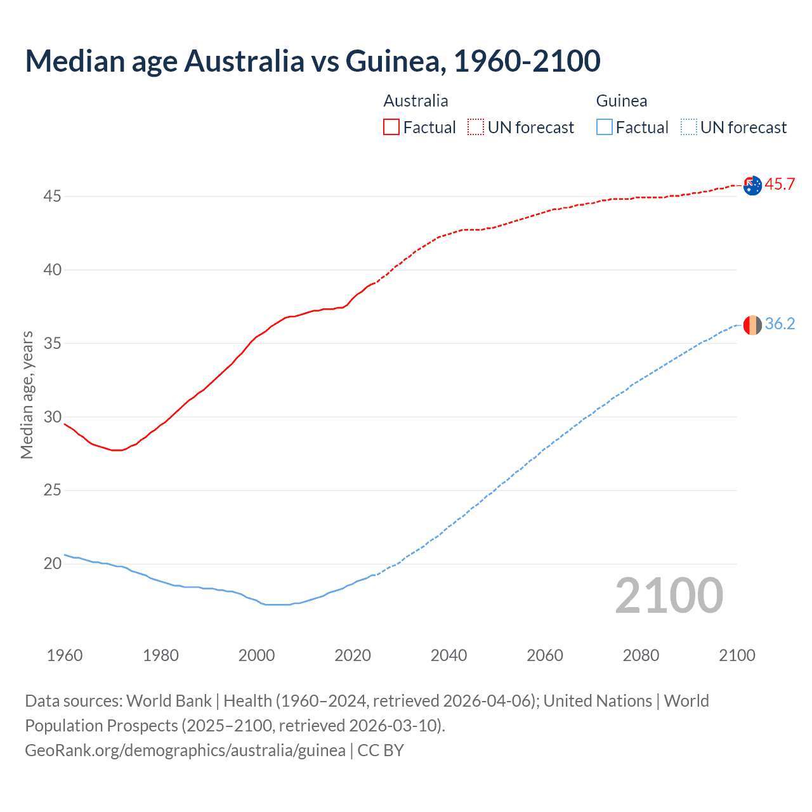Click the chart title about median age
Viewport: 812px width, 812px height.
pyautogui.click(x=312, y=62)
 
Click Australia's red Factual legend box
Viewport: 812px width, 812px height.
pyautogui.click(x=391, y=128)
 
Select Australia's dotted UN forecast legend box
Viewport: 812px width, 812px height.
pyautogui.click(x=476, y=128)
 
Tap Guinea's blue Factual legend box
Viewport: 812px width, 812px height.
pyautogui.click(x=605, y=128)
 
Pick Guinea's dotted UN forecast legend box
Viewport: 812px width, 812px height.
pyautogui.click(x=689, y=128)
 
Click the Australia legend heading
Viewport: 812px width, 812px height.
pyautogui.click(x=416, y=101)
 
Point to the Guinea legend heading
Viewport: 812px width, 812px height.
pyautogui.click(x=621, y=101)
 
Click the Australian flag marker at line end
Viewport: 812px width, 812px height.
pyautogui.click(x=752, y=186)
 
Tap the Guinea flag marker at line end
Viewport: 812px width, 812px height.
pyautogui.click(x=752, y=325)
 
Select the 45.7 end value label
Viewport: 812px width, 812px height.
pyautogui.click(x=780, y=185)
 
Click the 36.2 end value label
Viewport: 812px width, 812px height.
pyautogui.click(x=780, y=324)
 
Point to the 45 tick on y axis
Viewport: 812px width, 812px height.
pyautogui.click(x=52, y=197)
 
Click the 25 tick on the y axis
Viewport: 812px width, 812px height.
pyautogui.click(x=52, y=490)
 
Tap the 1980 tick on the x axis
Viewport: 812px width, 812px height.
pyautogui.click(x=160, y=655)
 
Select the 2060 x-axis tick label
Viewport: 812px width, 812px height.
pyautogui.click(x=545, y=655)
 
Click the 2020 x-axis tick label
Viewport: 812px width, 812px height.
pyautogui.click(x=353, y=655)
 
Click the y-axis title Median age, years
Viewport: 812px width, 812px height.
pyautogui.click(x=27, y=395)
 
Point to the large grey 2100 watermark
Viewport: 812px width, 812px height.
pyautogui.click(x=669, y=595)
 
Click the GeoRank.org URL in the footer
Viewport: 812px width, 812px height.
pyautogui.click(x=185, y=750)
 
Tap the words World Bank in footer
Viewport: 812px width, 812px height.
pyautogui.click(x=169, y=701)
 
